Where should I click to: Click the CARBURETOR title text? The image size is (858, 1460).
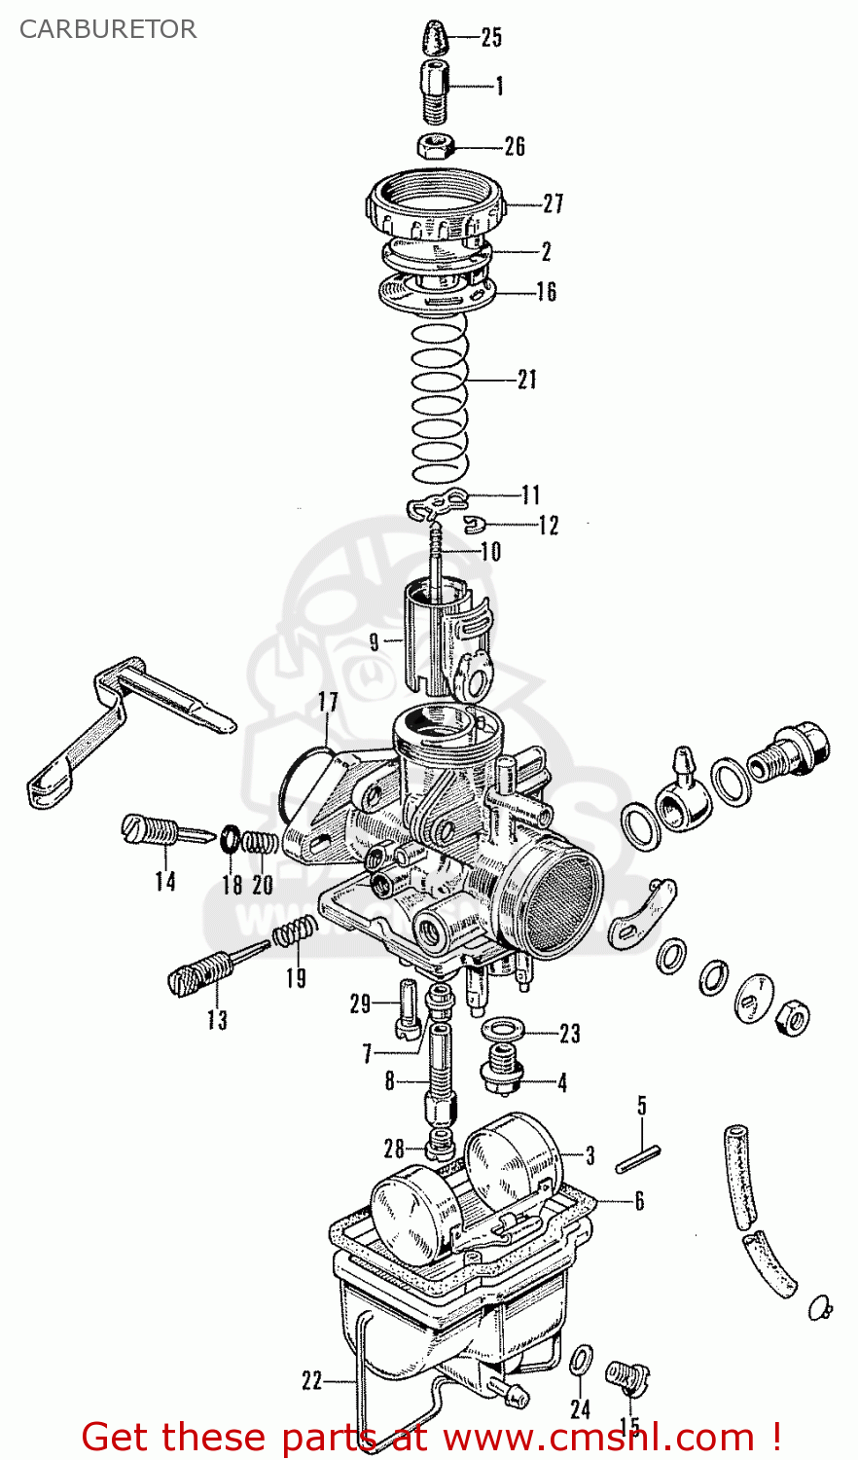[x=107, y=29]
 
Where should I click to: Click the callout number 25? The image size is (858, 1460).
[x=491, y=38]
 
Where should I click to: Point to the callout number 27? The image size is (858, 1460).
[x=553, y=204]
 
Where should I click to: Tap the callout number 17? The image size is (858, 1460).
[x=328, y=702]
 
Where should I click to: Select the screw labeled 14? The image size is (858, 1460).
[x=161, y=832]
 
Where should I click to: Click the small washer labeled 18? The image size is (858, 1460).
[x=232, y=837]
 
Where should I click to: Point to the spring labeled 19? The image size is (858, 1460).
[x=294, y=934]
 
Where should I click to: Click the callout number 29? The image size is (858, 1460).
[x=361, y=1004]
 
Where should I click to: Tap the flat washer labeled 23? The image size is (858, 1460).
[x=502, y=1029]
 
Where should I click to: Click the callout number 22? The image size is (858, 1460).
[x=311, y=1381]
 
